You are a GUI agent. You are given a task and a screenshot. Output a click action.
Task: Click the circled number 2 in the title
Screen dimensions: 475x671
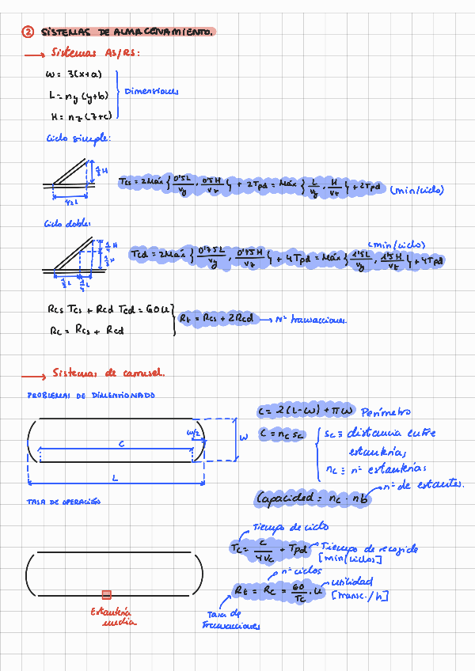27,32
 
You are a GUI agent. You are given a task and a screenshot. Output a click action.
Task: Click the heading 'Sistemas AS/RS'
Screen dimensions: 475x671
96,54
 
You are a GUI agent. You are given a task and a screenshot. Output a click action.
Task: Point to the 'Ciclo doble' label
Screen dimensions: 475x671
67,224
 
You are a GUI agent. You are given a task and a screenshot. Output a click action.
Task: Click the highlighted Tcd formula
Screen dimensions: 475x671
285,258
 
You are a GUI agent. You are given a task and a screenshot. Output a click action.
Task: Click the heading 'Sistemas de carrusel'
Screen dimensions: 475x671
108,373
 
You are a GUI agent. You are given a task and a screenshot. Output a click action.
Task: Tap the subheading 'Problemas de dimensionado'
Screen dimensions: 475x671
91,395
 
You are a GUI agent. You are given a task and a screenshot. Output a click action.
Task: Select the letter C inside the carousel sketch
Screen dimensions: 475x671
121,445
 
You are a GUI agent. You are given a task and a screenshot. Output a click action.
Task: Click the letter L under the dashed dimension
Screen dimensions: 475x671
116,478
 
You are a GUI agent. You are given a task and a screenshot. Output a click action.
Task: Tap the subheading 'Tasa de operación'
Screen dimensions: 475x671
63,502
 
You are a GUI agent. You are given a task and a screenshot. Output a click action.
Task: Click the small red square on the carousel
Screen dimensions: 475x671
107,594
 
